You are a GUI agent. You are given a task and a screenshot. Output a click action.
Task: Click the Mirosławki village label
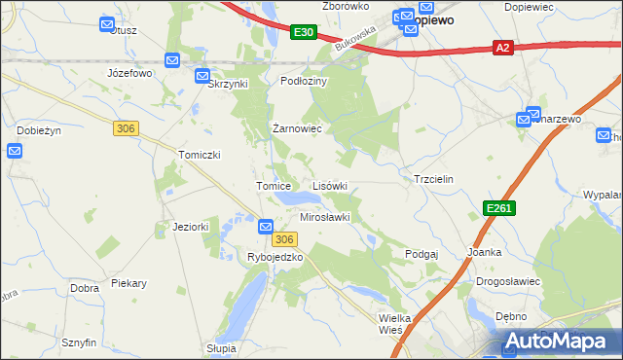(325, 217)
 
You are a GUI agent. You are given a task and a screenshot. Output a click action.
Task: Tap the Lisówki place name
(329, 186)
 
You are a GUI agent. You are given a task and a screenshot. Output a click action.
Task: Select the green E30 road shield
(304, 33)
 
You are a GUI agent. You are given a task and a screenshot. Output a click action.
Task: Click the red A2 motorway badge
(502, 47)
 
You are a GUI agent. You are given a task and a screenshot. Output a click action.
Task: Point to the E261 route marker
(497, 208)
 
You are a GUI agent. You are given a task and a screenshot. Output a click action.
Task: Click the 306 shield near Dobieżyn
(125, 127)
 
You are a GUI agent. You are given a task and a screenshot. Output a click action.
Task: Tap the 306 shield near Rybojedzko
(283, 239)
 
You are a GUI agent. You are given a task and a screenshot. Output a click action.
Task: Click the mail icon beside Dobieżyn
(15, 151)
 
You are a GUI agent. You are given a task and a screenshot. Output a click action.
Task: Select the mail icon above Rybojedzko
(266, 227)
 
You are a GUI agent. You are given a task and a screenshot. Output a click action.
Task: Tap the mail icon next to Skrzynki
(202, 76)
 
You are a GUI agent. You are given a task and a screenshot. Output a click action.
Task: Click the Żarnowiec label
(297, 128)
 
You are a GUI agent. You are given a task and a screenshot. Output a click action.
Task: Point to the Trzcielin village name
(434, 181)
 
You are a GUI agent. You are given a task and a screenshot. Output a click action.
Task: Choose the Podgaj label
(421, 253)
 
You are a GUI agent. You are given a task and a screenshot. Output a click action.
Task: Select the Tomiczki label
(199, 155)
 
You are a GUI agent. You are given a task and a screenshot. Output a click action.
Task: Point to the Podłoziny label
(305, 82)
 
